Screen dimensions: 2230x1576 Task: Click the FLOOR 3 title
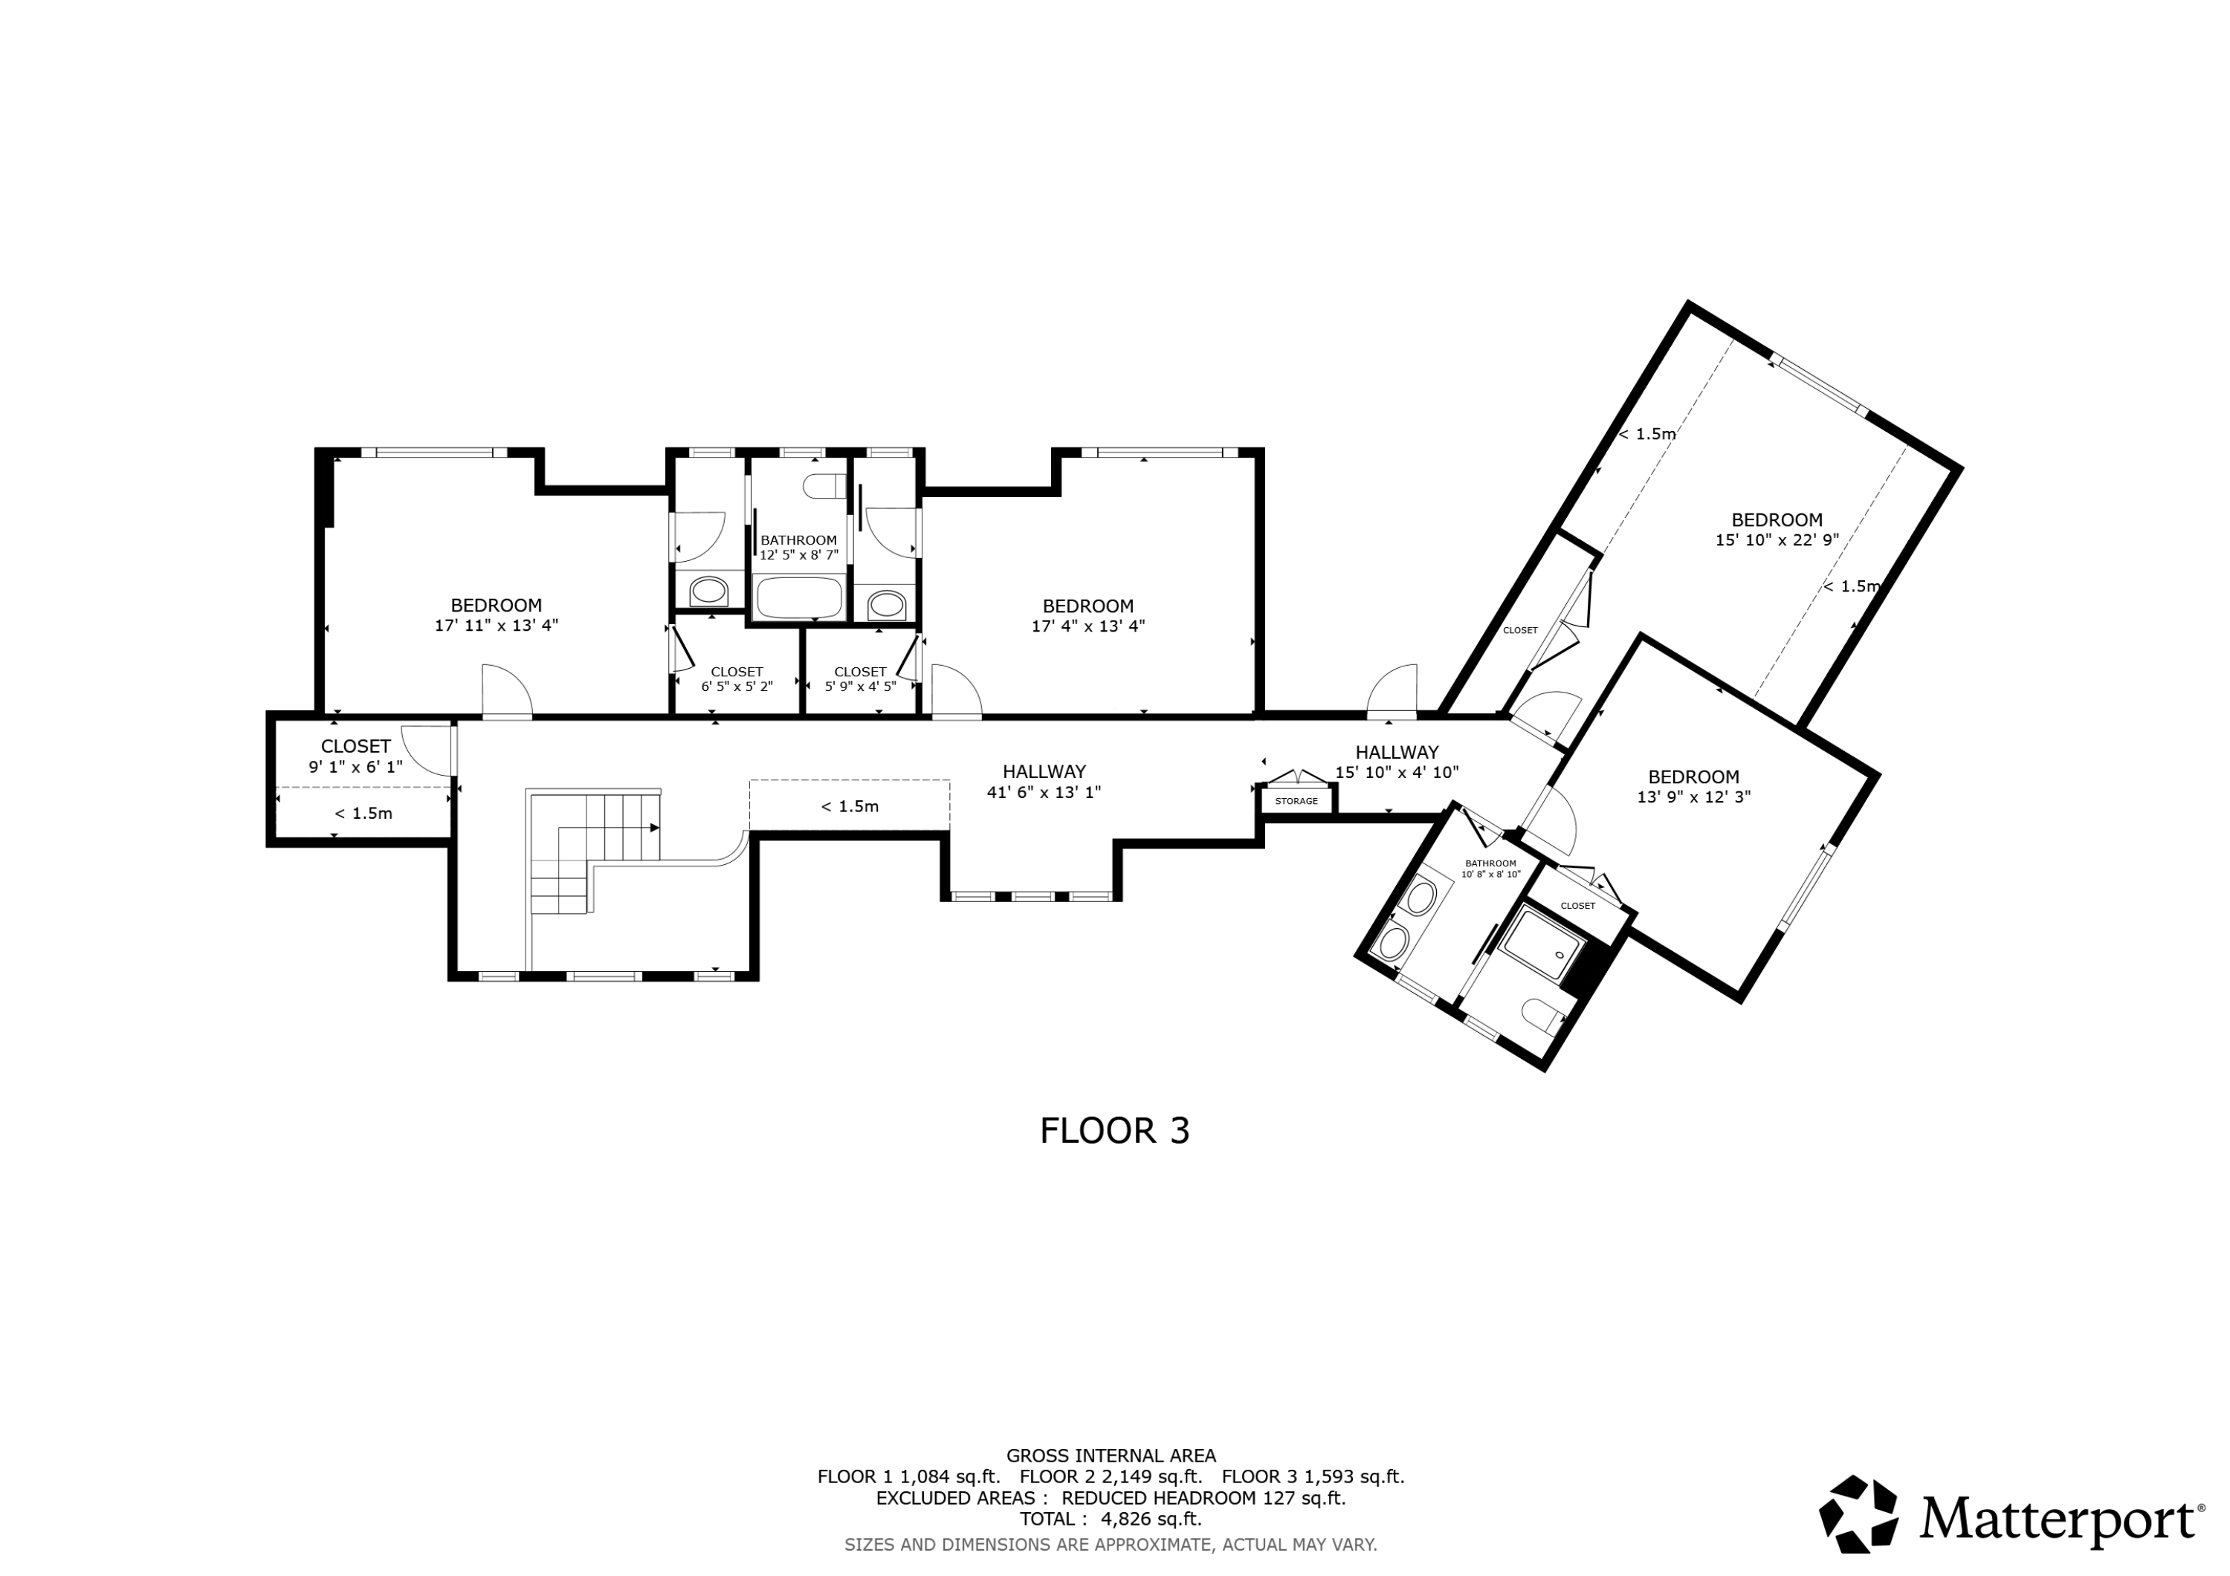1114,1130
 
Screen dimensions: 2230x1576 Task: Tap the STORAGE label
1296,801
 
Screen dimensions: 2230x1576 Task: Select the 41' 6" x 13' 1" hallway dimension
1044,792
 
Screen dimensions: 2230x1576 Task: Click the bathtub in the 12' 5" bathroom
799,597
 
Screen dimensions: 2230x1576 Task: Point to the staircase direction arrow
655,827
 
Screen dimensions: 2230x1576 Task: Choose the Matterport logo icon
1859,1514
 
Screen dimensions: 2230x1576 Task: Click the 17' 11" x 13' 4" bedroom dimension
497,626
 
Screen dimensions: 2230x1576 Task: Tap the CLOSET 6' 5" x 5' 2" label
737,678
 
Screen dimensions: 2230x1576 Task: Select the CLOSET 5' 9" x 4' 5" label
861,678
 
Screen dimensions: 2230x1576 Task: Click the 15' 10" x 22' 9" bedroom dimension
1777,540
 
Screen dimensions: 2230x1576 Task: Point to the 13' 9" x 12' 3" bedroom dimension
1694,797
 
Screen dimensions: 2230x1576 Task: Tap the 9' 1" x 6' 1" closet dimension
355,767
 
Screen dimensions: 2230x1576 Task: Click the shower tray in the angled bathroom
1542,942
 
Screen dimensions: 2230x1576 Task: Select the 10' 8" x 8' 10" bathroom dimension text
1491,874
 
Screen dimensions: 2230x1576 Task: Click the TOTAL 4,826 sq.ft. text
1111,1519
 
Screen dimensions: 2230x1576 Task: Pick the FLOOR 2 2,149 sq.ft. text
1111,1477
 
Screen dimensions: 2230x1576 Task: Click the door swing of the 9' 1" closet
427,750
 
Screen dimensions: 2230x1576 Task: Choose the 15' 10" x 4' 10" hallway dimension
1397,773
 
